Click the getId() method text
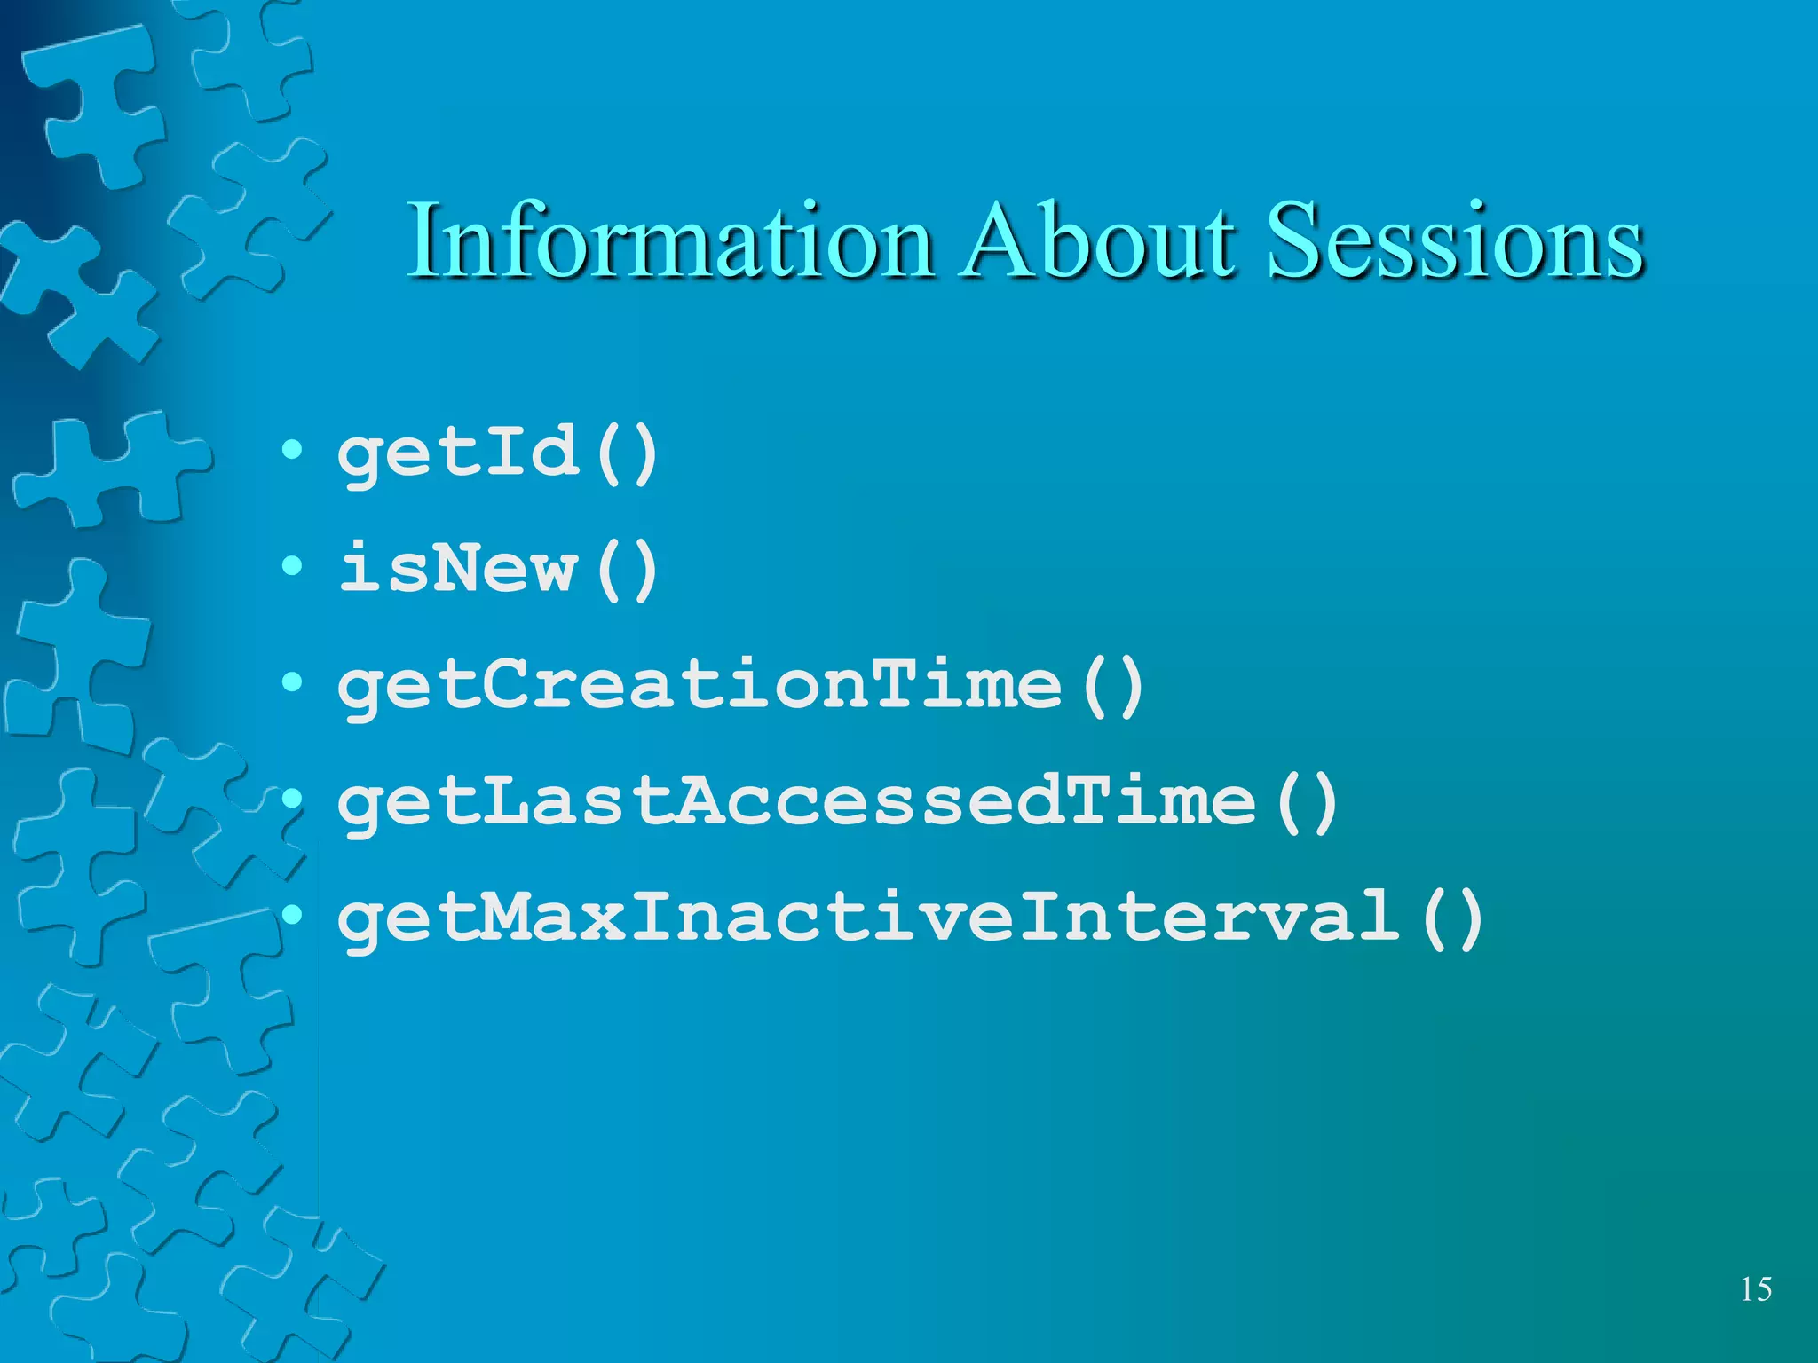coord(498,454)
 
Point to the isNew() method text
coord(498,569)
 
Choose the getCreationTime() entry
coord(741,686)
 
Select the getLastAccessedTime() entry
coord(838,802)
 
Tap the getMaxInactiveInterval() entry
coord(911,919)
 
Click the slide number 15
coord(1756,1288)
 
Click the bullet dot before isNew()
coord(292,565)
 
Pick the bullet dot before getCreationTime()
coord(292,681)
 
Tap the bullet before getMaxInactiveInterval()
coord(292,915)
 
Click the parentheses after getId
coord(628,454)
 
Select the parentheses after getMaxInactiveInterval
coord(1452,919)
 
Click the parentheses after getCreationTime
coord(1114,686)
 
